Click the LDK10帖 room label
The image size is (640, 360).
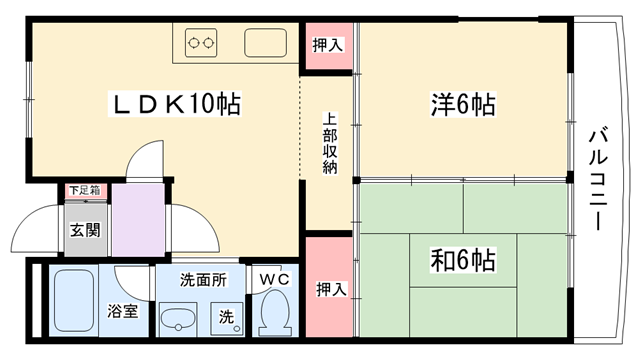tap(175, 104)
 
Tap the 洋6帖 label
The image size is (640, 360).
tap(463, 104)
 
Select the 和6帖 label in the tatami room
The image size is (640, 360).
tap(463, 260)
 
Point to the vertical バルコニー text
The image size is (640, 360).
tap(598, 180)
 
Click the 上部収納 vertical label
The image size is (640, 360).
tap(330, 143)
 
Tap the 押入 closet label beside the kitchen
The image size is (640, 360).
tap(327, 45)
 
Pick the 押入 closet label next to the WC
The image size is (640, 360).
tap(331, 289)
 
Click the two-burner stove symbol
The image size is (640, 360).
tap(201, 42)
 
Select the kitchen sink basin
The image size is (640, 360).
tap(265, 42)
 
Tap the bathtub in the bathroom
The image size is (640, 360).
tap(74, 300)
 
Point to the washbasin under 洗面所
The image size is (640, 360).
tap(178, 319)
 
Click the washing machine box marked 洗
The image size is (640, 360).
tap(227, 319)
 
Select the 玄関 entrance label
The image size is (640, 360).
tap(85, 230)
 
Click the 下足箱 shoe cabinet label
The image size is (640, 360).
tap(84, 190)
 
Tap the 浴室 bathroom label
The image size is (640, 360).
tap(122, 311)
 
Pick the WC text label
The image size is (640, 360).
tap(275, 280)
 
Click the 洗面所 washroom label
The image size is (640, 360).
tap(203, 280)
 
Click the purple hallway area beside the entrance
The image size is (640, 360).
tap(138, 220)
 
